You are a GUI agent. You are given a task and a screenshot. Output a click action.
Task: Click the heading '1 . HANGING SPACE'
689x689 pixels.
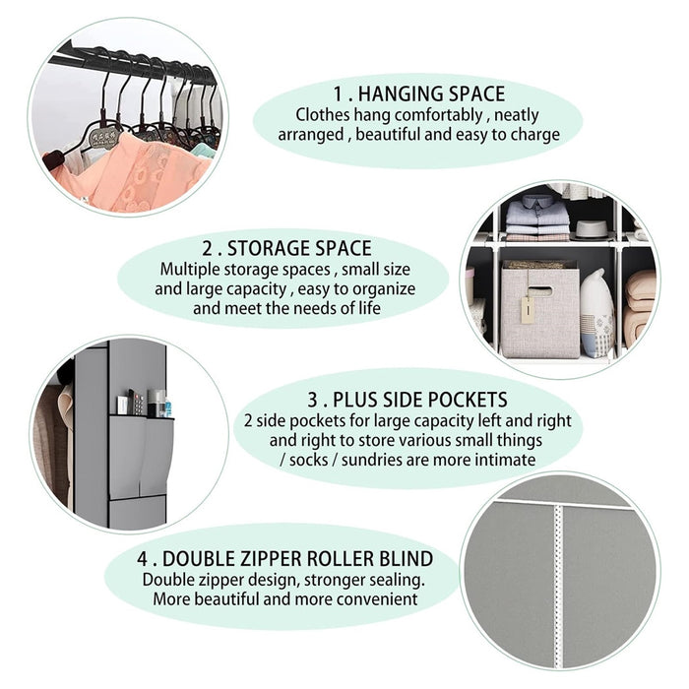click(x=418, y=94)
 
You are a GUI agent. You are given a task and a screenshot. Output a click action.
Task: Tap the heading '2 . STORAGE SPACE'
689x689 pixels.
click(x=286, y=248)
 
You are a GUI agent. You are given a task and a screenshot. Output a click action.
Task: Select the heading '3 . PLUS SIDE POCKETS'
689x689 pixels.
click(x=407, y=400)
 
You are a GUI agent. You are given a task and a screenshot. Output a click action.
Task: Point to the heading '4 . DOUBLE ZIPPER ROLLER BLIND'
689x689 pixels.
click(x=284, y=558)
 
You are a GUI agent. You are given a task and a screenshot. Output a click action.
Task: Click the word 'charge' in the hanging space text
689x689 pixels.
click(x=534, y=135)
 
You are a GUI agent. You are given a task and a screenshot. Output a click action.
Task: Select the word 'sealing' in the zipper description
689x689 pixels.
click(x=397, y=580)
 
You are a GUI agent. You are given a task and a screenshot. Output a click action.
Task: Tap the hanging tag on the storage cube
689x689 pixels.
click(x=526, y=312)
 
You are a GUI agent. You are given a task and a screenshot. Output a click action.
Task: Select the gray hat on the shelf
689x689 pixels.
click(x=591, y=230)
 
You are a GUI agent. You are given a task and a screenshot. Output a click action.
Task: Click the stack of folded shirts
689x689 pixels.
click(x=537, y=218)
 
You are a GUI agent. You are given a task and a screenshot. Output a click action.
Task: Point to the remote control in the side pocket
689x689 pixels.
click(x=137, y=402)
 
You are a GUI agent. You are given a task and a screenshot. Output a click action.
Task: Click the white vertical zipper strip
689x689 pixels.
click(x=558, y=585)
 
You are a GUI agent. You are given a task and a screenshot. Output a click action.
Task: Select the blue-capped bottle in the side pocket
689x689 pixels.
click(x=167, y=407)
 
